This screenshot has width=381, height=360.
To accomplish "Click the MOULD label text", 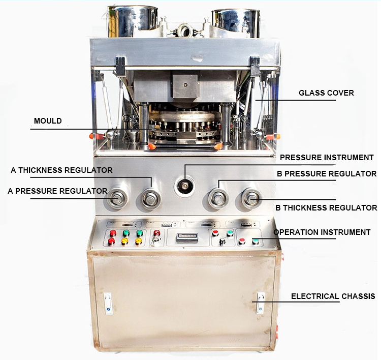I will click(48, 121).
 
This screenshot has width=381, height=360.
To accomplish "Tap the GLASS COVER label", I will click(326, 93).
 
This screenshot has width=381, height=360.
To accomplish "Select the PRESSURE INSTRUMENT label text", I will click(327, 158).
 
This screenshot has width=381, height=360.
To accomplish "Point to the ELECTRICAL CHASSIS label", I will click(333, 296).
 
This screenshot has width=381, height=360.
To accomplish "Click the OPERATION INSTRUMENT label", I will click(322, 232).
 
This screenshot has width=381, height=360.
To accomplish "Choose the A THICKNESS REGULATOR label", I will click(61, 170).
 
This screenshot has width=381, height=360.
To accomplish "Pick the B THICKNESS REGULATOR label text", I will click(326, 207).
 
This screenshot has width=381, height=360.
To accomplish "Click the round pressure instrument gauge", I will click(184, 186).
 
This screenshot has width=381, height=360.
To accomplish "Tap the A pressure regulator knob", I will click(117, 198).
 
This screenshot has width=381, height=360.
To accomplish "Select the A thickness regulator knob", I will click(151, 198).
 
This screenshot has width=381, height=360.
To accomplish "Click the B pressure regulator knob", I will click(218, 198).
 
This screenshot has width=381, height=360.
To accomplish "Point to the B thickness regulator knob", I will click(251, 198).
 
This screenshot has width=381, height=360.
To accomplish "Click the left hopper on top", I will click(132, 20).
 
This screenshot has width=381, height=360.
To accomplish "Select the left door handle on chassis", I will click(108, 303).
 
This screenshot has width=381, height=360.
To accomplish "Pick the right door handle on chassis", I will click(260, 303).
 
